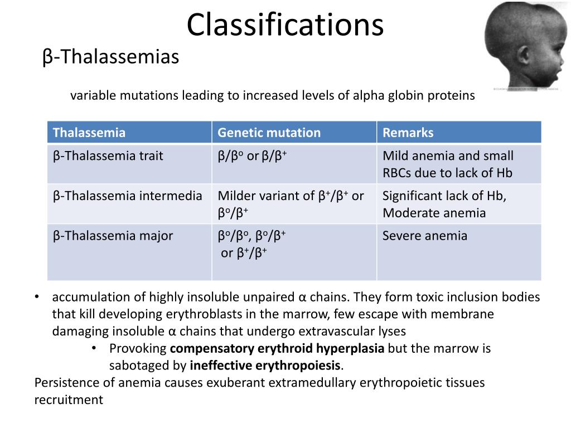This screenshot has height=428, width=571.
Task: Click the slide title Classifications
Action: click(x=285, y=25)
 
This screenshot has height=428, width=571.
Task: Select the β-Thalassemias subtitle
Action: click(x=110, y=57)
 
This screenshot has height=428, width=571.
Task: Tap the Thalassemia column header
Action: click(x=89, y=133)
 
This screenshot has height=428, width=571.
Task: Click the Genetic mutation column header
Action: click(x=269, y=133)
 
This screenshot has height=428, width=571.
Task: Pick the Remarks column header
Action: click(x=408, y=133)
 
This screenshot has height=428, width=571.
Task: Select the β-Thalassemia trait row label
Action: click(x=108, y=156)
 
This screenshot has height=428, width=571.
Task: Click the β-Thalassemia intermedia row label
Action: click(x=127, y=196)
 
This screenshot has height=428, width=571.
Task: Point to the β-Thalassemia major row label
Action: click(x=113, y=236)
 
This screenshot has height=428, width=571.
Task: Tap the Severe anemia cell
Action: click(x=424, y=236)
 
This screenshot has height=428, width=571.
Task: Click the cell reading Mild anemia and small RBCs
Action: click(x=448, y=164)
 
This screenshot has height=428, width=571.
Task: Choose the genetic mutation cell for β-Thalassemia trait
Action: click(x=252, y=156)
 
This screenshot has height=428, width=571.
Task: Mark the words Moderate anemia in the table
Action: click(x=434, y=213)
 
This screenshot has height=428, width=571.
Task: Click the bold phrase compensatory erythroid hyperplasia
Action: click(x=277, y=349)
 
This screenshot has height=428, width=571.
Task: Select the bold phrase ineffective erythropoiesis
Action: click(x=265, y=366)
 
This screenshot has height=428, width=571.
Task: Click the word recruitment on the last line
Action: click(x=69, y=400)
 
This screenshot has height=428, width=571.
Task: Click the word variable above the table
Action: click(x=90, y=96)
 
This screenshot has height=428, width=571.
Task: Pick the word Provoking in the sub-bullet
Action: click(x=138, y=349)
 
